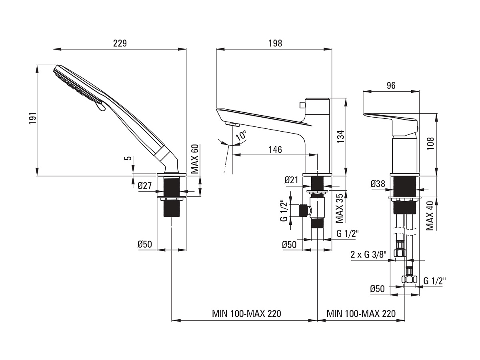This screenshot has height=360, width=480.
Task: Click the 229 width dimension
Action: click(120, 43)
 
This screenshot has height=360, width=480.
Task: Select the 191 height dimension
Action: click(32, 119)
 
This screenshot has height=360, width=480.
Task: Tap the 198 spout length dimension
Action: click(275, 43)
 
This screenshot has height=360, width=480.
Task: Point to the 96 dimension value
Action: click(391, 86)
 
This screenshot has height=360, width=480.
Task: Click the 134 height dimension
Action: click(340, 137)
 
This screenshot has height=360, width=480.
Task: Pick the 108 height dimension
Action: click(430, 144)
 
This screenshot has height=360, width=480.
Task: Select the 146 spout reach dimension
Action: click(275, 150)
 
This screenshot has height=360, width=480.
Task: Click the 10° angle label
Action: click(241, 136)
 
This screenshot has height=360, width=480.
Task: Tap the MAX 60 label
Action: click(194, 159)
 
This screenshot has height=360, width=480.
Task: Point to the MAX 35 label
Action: click(340, 208)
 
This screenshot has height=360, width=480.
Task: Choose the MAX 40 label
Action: click(430, 216)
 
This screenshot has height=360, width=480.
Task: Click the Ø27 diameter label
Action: click(144, 186)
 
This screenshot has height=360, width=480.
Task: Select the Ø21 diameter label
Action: click(292, 180)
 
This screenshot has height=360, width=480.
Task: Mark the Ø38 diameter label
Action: click(378, 184)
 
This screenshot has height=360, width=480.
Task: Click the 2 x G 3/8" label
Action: click(368, 255)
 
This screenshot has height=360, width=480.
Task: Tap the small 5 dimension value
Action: click(129, 158)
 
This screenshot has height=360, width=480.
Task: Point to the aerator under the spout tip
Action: click(232, 124)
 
